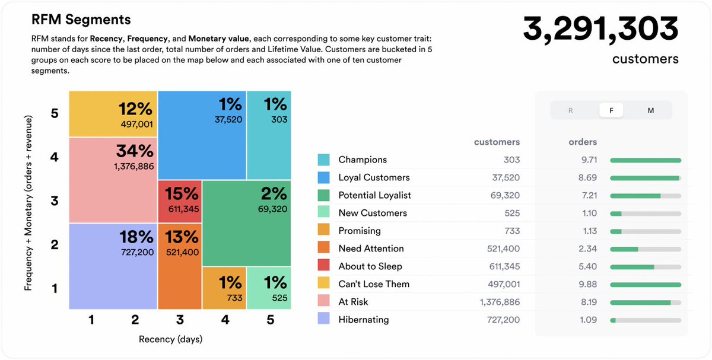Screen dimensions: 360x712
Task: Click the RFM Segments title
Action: pyautogui.click(x=81, y=20)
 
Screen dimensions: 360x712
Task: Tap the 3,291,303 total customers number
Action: pyautogui.click(x=600, y=29)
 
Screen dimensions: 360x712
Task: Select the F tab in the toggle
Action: pyautogui.click(x=611, y=110)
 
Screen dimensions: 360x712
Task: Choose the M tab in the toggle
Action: pyautogui.click(x=650, y=110)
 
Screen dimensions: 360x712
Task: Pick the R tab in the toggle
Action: pyautogui.click(x=571, y=110)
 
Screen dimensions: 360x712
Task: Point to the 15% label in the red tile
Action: pyautogui.click(x=181, y=193)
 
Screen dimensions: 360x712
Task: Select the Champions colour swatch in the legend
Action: pyautogui.click(x=323, y=160)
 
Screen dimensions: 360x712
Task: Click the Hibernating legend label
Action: pyautogui.click(x=363, y=320)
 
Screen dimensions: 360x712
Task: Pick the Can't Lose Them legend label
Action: pyautogui.click(x=374, y=284)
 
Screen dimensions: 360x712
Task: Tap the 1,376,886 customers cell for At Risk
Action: pyautogui.click(x=500, y=302)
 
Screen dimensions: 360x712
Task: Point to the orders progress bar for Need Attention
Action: pyautogui.click(x=645, y=249)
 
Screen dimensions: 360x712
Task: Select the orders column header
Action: pyautogui.click(x=583, y=142)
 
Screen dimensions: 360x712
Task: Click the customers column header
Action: pyautogui.click(x=497, y=142)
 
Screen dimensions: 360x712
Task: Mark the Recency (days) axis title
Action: pyautogui.click(x=170, y=339)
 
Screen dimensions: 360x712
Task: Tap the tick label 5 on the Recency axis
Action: pyautogui.click(x=270, y=320)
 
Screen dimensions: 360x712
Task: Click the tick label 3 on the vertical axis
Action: pyautogui.click(x=55, y=200)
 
